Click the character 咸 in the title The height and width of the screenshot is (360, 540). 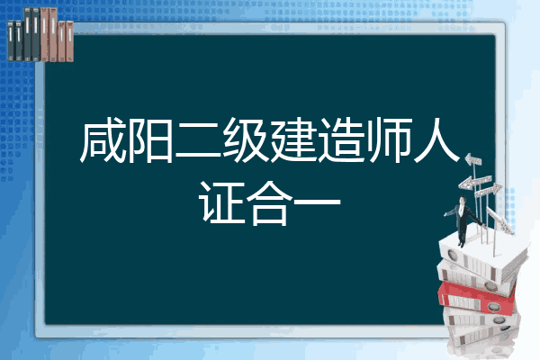[x=103, y=140]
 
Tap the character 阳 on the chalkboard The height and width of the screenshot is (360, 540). [x=150, y=140]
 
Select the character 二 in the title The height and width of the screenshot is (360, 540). [x=198, y=141]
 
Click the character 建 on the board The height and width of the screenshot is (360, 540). [x=293, y=140]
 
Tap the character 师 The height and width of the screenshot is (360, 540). [x=388, y=140]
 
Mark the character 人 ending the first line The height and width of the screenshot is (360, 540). [x=436, y=140]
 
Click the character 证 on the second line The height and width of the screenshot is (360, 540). [x=221, y=202]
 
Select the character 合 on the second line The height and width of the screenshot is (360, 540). [x=269, y=202]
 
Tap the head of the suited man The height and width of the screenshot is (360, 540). [x=462, y=200]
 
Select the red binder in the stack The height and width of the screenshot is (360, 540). [x=477, y=297]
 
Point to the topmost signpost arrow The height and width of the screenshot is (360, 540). [x=473, y=159]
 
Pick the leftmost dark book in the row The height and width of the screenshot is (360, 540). [x=11, y=40]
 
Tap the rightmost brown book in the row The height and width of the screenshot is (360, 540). [x=69, y=41]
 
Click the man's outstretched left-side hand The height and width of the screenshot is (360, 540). [x=445, y=214]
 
